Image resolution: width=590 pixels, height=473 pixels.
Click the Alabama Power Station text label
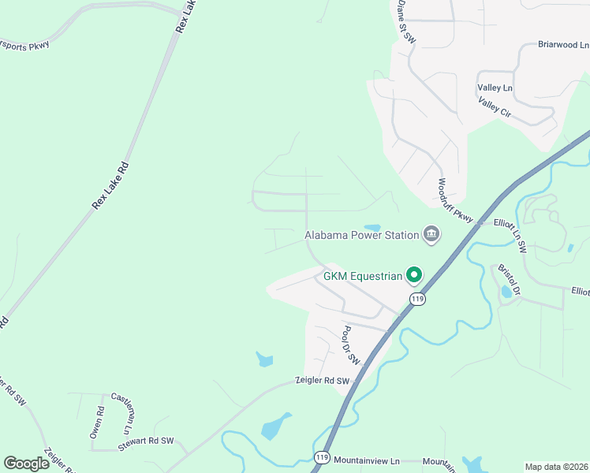coord(362,234)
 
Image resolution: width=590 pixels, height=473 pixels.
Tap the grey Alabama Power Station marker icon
coord(431,234)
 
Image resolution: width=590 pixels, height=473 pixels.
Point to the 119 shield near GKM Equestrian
coord(417,298)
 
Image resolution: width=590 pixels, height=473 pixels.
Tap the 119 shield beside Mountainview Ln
coord(321,458)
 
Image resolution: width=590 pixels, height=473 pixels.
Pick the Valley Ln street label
coord(495,88)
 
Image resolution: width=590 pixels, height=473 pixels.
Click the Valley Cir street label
coord(495,107)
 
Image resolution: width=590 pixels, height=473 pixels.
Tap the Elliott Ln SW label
coord(509,236)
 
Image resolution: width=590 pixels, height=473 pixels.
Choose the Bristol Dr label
coord(510,280)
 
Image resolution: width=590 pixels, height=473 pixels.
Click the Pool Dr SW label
coord(351,345)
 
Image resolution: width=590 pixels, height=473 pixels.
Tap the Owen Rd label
coord(97,422)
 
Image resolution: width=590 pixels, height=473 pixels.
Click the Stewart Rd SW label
coord(146,441)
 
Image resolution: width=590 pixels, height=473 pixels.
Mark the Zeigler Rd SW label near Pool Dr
coord(322,382)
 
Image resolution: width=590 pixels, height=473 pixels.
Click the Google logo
coord(26,464)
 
